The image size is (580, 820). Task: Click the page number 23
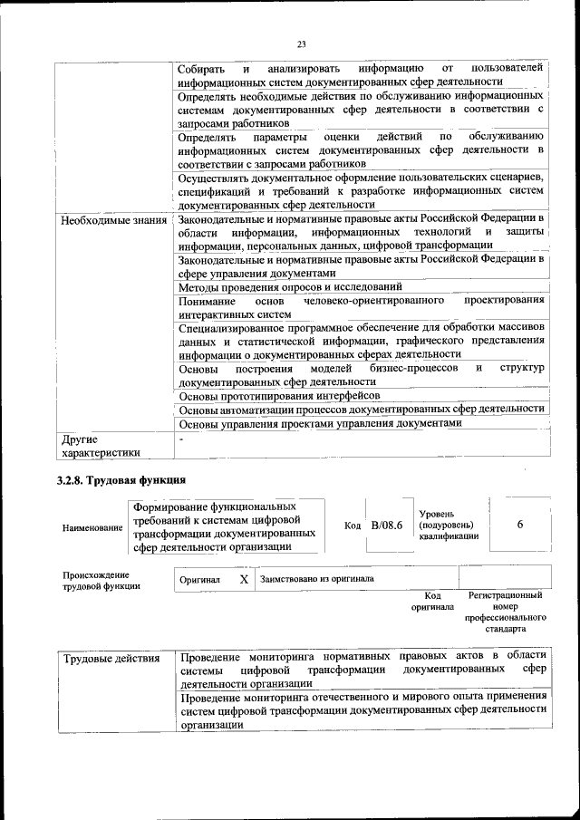(x=302, y=43)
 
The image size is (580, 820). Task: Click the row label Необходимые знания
(x=114, y=220)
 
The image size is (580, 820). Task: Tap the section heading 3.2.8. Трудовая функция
(x=121, y=480)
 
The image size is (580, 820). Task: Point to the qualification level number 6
(x=519, y=525)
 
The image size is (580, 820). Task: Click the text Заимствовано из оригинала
(x=316, y=578)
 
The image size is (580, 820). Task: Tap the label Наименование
(x=92, y=526)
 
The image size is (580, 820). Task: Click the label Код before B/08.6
(x=353, y=526)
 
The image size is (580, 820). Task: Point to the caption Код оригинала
(x=432, y=602)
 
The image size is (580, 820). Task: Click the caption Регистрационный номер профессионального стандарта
(x=505, y=612)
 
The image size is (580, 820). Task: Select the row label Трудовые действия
(x=111, y=658)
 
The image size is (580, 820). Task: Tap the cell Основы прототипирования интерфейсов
(x=279, y=396)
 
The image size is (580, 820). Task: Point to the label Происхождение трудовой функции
(x=96, y=581)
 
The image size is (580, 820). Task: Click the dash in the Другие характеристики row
(x=181, y=439)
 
